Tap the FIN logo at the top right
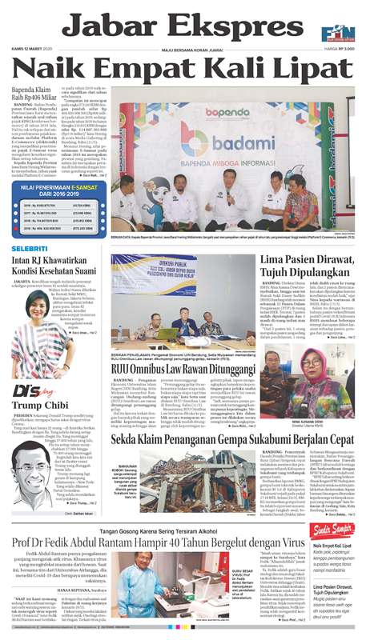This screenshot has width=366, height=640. pos(341,30)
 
